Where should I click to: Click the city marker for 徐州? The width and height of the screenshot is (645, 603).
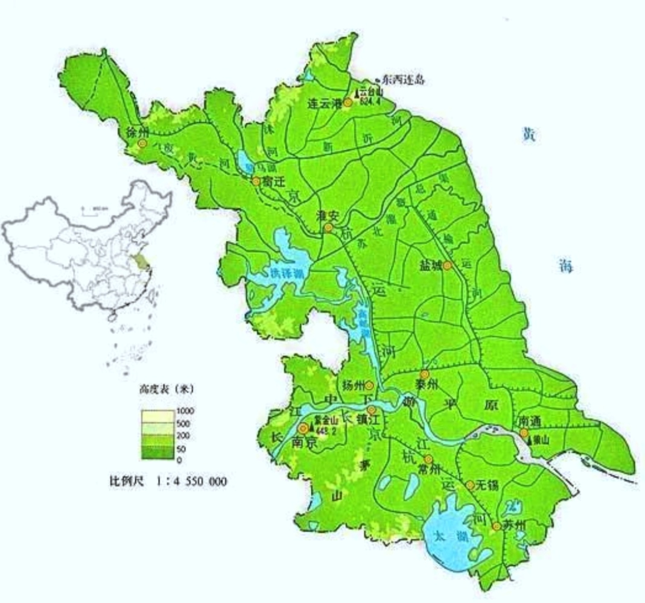pos(142,144)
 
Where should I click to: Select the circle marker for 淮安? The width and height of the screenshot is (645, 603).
pos(328,228)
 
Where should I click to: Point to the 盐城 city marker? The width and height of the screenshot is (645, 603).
pos(447,265)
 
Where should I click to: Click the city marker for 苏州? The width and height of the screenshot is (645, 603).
pos(496,526)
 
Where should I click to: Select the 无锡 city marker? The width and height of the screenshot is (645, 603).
pos(469,484)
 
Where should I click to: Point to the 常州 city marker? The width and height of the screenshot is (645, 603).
pos(428,459)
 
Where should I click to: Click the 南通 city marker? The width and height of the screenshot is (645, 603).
pos(524,432)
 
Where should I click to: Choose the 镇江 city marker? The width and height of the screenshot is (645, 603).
pos(372,409)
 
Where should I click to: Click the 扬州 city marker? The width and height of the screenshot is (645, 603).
pos(369,385)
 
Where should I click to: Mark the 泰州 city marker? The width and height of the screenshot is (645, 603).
pos(425,374)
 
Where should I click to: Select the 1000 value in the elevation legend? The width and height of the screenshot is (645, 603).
pos(186,411)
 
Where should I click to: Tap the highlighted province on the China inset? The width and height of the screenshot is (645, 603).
pos(142,261)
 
